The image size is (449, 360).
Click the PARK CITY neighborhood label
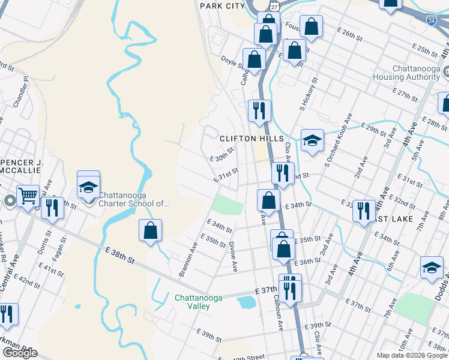click(x=222, y=5)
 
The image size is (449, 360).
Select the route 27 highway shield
click(x=273, y=5)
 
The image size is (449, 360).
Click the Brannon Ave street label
click(x=188, y=260)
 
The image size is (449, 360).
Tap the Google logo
click(x=20, y=353)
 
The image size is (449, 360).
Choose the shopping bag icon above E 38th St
click(x=150, y=231)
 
